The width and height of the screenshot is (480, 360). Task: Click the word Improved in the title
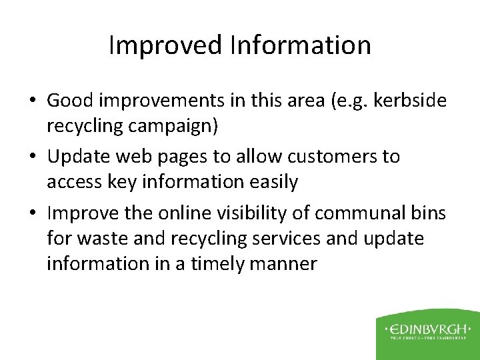[164, 45]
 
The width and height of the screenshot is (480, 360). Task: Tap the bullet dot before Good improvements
[32, 101]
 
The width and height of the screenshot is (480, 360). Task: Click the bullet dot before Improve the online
[32, 214]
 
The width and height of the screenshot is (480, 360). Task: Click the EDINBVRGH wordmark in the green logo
[427, 329]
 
